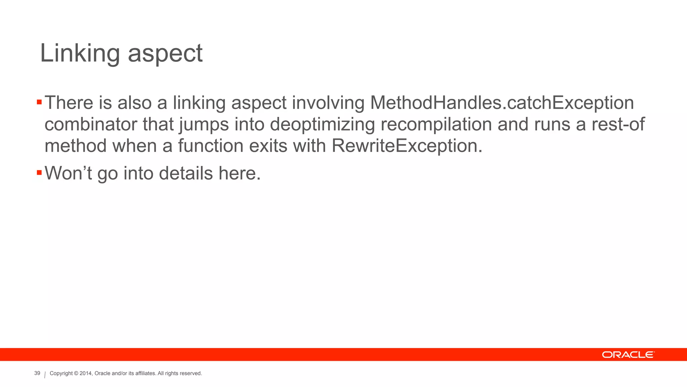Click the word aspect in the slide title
(x=165, y=54)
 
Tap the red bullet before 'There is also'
(x=39, y=102)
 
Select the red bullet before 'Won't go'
(x=39, y=173)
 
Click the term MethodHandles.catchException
(x=502, y=102)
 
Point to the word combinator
(x=91, y=124)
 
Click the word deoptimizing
(x=322, y=124)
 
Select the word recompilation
(x=436, y=124)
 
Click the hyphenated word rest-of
(x=618, y=124)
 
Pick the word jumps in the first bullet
(x=204, y=125)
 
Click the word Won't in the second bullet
(x=68, y=173)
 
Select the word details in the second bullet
(x=186, y=173)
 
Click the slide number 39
(x=37, y=373)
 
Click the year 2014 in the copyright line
(x=86, y=374)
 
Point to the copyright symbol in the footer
(x=76, y=374)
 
